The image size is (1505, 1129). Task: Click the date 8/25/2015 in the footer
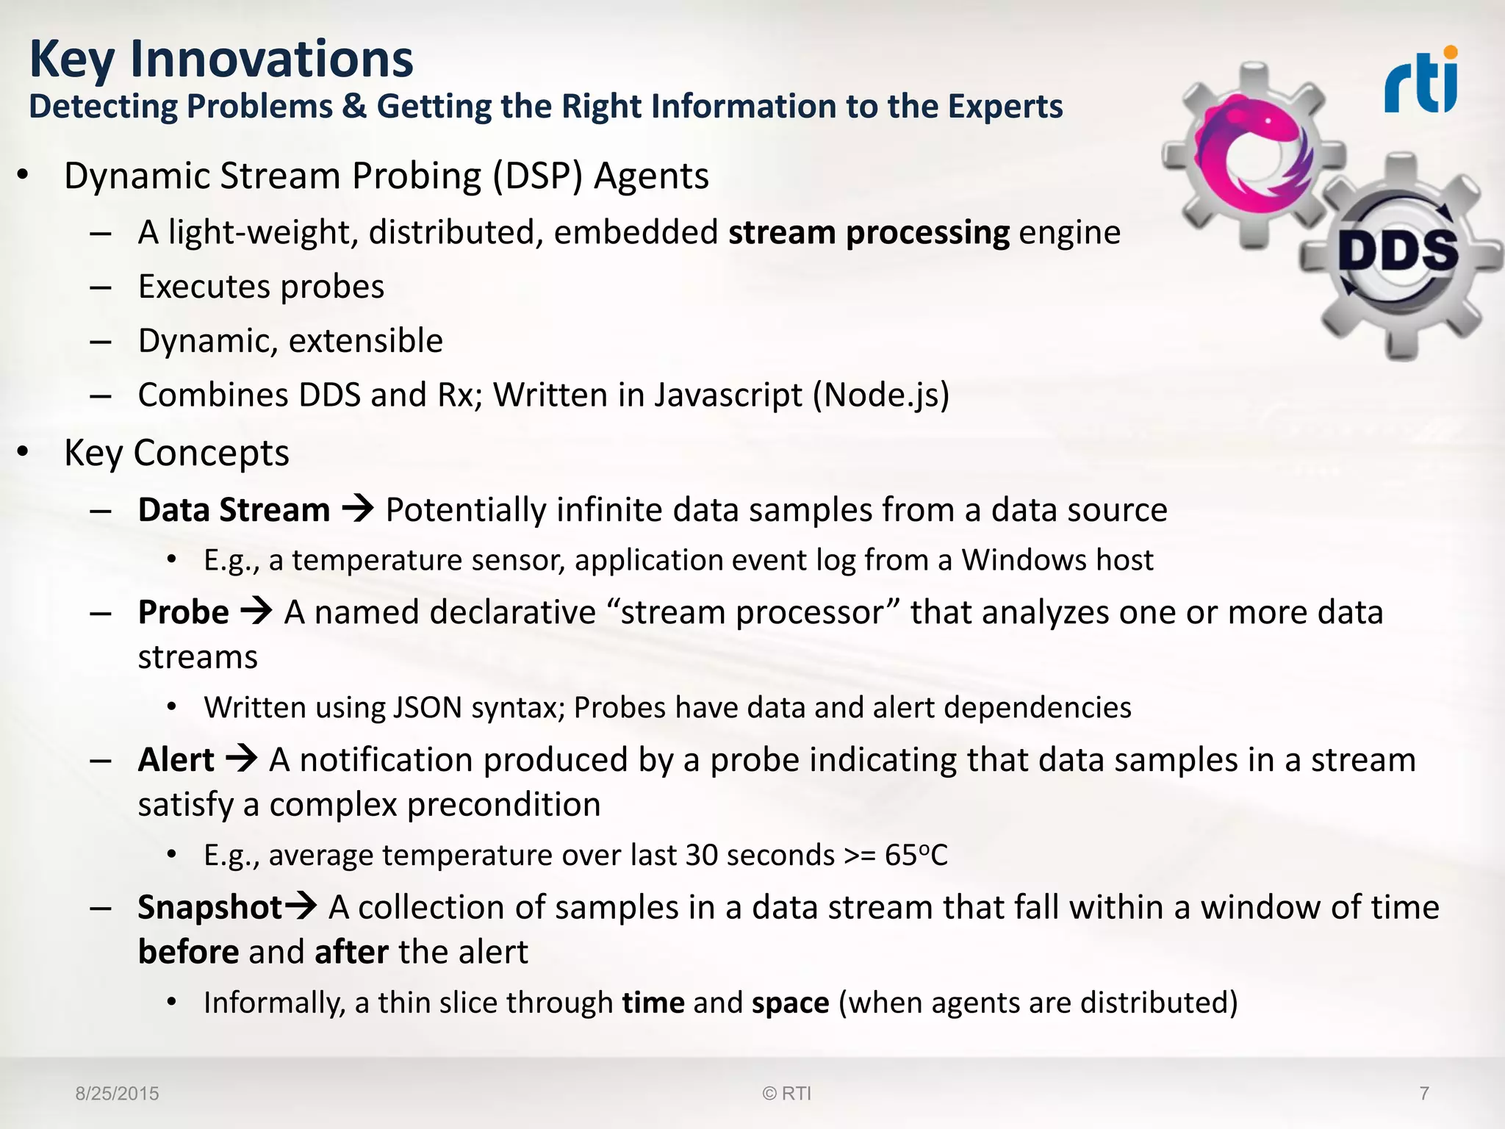point(117,1094)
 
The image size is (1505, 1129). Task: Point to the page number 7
point(1424,1094)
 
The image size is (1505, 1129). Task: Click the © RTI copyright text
point(786,1094)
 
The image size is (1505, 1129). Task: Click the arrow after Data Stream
point(359,509)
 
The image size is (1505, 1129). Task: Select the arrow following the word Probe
point(256,611)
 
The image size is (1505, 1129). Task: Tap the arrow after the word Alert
point(242,759)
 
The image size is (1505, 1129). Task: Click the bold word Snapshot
point(210,907)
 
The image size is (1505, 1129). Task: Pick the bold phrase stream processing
point(869,232)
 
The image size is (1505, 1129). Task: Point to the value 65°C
point(916,855)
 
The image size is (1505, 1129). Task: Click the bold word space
point(790,1003)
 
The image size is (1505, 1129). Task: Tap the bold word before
point(188,952)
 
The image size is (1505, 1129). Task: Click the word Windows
point(1024,560)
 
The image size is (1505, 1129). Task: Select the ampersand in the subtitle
point(354,107)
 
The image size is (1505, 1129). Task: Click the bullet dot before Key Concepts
point(24,451)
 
